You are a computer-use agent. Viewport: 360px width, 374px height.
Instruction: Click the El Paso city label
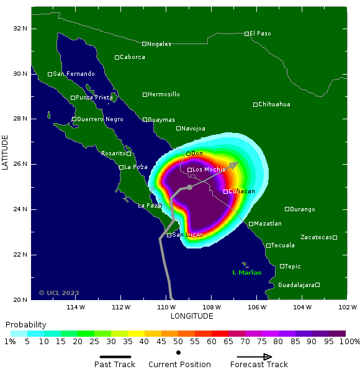[261, 34]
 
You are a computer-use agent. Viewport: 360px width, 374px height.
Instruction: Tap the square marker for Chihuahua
[255, 104]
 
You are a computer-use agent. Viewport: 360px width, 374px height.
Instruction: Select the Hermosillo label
[164, 94]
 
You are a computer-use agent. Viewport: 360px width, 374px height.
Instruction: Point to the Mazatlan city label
[268, 224]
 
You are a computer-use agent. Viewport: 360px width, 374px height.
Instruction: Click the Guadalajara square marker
[317, 285]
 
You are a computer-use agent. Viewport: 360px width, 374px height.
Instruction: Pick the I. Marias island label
[246, 273]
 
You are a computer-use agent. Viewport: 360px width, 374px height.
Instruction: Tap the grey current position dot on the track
[189, 187]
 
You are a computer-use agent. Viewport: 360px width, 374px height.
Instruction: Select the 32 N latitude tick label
[20, 29]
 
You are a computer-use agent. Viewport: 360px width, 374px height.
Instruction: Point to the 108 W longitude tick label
[212, 307]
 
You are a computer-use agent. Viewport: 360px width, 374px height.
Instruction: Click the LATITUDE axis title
[6, 153]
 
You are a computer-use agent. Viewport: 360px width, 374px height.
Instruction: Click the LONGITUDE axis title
[192, 316]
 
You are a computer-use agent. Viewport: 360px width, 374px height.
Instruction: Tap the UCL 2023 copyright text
[59, 293]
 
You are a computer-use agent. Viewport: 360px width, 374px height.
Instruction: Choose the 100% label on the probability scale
[349, 342]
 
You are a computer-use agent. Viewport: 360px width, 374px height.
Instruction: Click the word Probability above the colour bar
[25, 325]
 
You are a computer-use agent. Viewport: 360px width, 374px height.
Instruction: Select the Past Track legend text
[114, 365]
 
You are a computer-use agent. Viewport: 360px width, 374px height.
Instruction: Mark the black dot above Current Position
[179, 352]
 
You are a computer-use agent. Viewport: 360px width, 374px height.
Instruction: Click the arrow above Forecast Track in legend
[250, 357]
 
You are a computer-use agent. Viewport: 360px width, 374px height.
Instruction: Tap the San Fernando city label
[74, 74]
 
